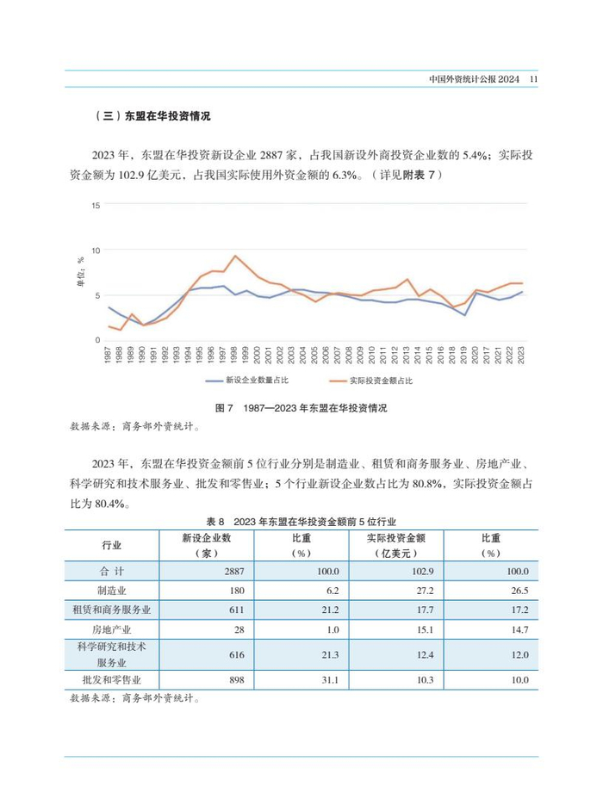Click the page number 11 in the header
click(x=533, y=79)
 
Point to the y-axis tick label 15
click(x=96, y=205)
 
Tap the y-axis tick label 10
click(x=96, y=251)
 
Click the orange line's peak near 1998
click(x=235, y=256)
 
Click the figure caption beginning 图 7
click(x=301, y=407)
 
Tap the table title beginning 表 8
click(x=301, y=522)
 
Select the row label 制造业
click(x=112, y=590)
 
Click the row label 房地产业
click(x=112, y=629)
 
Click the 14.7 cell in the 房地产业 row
click(x=518, y=629)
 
